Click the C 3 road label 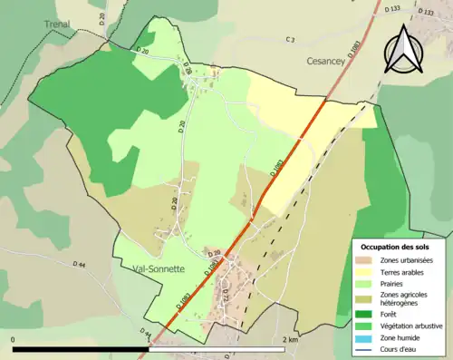[x=290, y=40]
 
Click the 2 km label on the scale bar [x=289, y=339]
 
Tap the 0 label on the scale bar [x=14, y=339]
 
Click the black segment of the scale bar [x=82, y=348]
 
